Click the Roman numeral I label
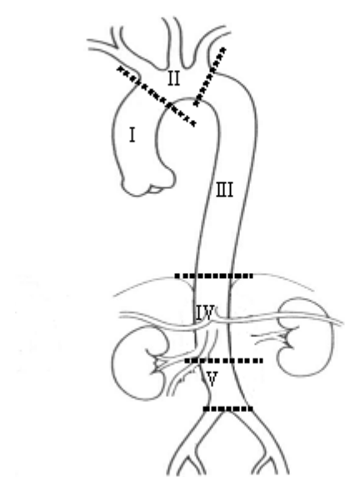click(132, 136)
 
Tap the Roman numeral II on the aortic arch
click(173, 78)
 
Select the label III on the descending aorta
click(225, 190)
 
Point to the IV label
click(205, 312)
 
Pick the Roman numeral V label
click(212, 379)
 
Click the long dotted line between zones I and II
click(157, 97)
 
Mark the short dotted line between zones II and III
click(209, 77)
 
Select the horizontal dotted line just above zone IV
click(213, 276)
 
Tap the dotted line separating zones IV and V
click(223, 360)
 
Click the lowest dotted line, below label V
click(228, 409)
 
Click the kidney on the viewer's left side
click(137, 362)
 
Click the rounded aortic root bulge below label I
click(147, 183)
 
